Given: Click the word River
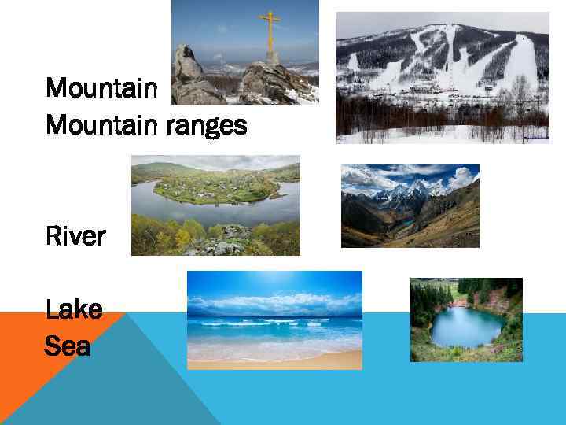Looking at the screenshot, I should [x=75, y=236].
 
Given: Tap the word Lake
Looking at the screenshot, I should [x=74, y=309].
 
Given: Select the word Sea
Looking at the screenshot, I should [x=68, y=345].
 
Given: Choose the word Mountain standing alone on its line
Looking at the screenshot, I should [x=101, y=87].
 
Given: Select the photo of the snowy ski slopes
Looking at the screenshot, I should [x=443, y=77].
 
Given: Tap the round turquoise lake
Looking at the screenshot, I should [x=467, y=326].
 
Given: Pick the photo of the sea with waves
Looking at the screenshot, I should [x=274, y=320].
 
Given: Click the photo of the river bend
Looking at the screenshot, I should [x=215, y=205].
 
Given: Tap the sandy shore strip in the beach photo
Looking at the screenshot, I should [x=274, y=360].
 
